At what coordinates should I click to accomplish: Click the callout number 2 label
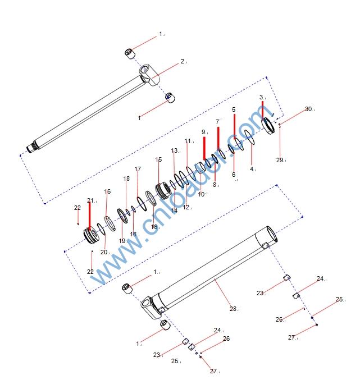tap(183, 61)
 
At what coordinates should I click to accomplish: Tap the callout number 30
tap(308, 109)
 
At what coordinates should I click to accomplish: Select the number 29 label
tap(280, 160)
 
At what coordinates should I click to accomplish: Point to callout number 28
tap(233, 309)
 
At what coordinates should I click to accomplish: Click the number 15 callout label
tap(158, 159)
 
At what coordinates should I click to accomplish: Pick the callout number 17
tap(138, 169)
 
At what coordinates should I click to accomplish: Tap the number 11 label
tap(188, 141)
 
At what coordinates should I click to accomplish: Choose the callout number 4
tap(252, 169)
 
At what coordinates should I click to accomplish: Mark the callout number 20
tap(104, 252)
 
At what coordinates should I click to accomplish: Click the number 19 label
tap(122, 241)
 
